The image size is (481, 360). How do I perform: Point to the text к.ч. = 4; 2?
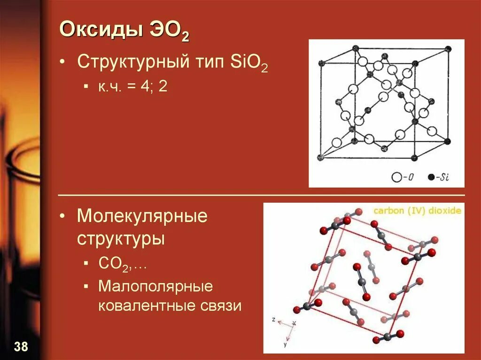pos(133,87)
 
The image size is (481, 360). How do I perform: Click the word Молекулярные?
pos(142,216)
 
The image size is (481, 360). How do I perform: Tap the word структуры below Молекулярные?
pos(121,238)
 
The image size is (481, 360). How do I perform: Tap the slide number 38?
pos(21,347)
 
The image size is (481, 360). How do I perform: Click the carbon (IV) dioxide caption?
pos(417,211)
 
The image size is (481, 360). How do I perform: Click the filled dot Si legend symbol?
pos(431,177)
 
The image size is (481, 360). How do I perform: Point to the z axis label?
pos(273,319)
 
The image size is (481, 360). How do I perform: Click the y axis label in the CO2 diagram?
pos(285,344)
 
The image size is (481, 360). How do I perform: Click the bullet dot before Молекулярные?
pos(62,217)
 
